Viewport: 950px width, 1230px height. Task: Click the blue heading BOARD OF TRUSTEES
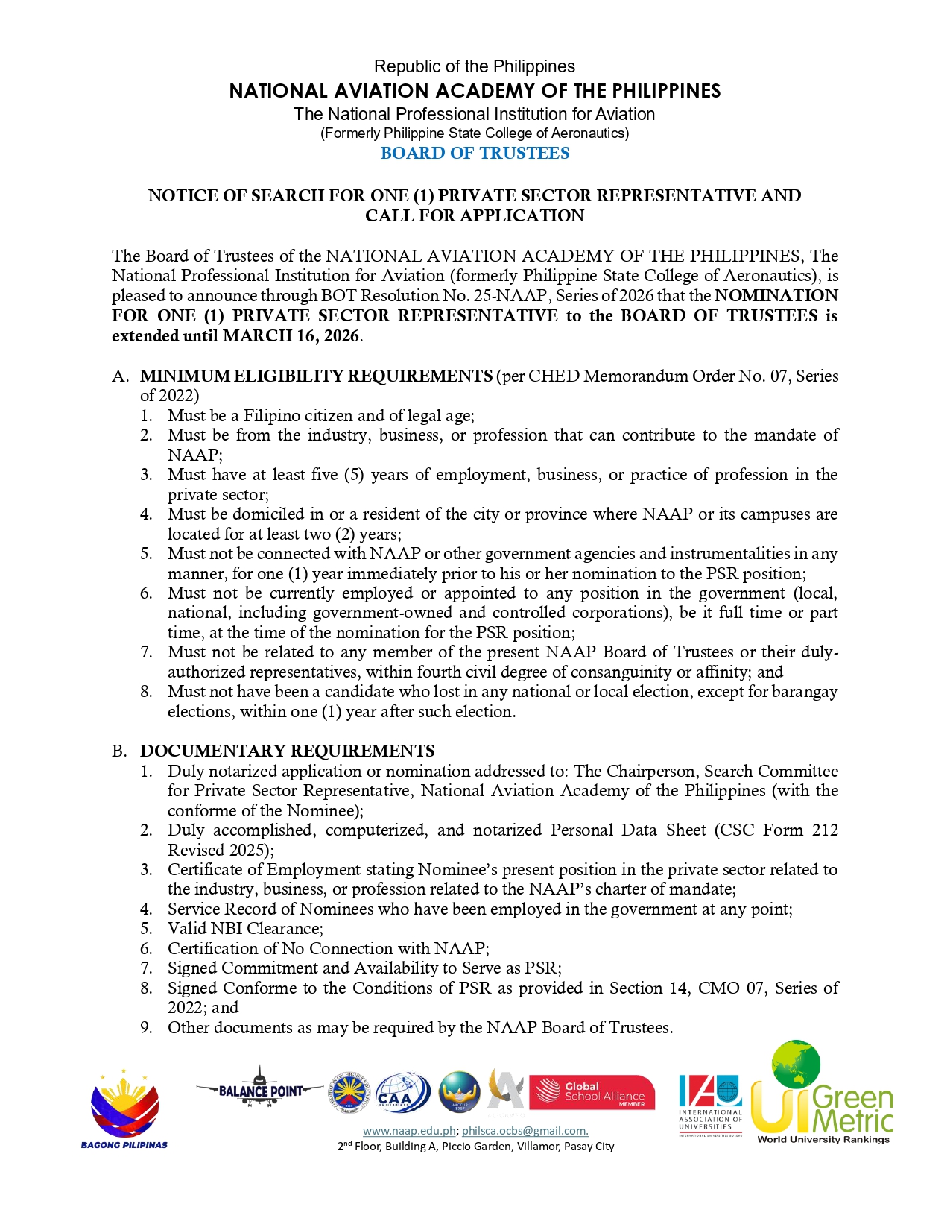click(475, 153)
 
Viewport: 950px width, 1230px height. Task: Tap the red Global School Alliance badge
click(592, 1092)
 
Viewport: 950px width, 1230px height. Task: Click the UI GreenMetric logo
click(823, 1094)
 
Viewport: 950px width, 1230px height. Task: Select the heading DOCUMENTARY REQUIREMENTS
click(287, 751)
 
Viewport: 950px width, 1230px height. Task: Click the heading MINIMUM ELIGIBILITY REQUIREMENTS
click(316, 376)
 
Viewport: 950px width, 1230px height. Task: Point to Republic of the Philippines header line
click(474, 66)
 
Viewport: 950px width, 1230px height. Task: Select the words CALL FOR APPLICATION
click(474, 215)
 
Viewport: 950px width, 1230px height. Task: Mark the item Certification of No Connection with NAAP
click(328, 948)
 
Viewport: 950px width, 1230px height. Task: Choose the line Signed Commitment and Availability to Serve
click(364, 968)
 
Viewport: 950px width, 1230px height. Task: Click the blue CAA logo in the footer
click(402, 1092)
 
